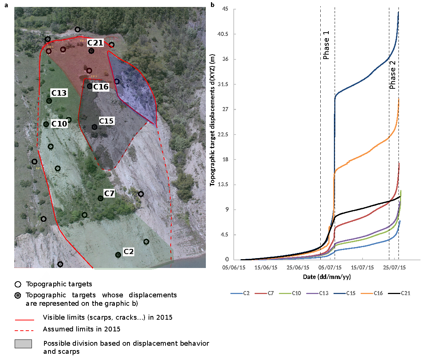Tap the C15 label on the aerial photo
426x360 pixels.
click(x=107, y=121)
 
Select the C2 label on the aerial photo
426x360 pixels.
click(x=128, y=251)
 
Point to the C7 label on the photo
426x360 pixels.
click(x=109, y=193)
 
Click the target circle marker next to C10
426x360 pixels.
click(x=46, y=124)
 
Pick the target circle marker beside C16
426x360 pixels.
click(x=90, y=87)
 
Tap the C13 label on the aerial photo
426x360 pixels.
click(x=59, y=93)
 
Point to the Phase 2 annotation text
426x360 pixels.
click(x=392, y=75)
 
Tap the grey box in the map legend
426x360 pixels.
click(x=23, y=344)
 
